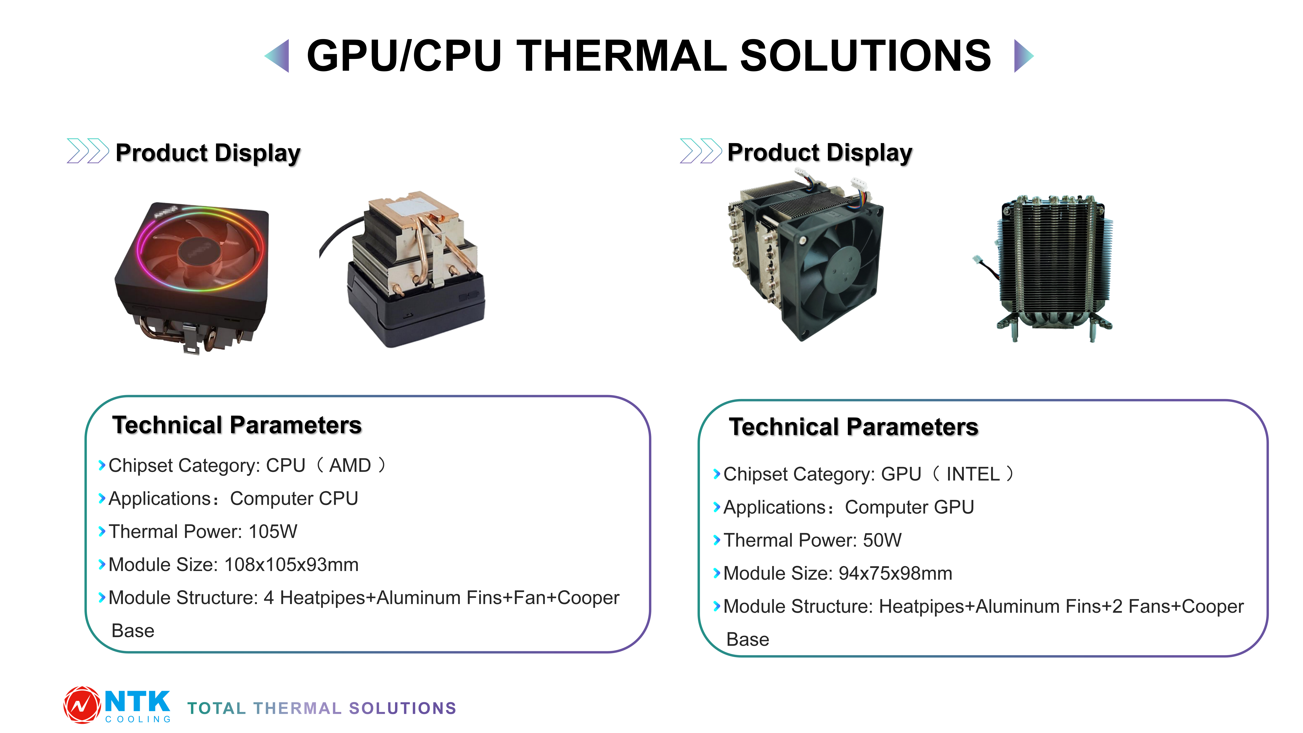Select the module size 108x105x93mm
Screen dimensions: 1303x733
click(291, 565)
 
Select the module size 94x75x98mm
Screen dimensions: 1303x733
click(895, 573)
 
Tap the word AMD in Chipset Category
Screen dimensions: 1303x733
click(350, 465)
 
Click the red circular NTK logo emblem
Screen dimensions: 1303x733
click(82, 705)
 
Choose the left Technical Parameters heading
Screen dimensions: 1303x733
click(237, 425)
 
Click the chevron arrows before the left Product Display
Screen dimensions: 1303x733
click(88, 151)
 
